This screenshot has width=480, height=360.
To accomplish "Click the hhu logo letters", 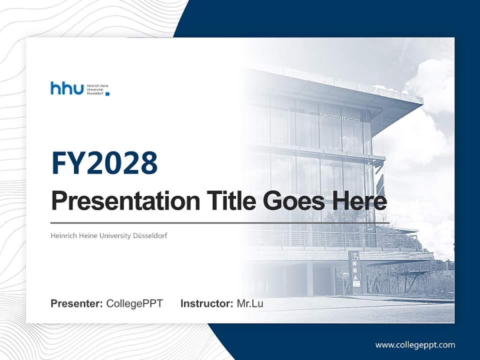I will coord(67,88).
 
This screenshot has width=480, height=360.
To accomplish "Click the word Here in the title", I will coord(359,201).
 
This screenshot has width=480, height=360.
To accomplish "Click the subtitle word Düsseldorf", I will coord(150,235).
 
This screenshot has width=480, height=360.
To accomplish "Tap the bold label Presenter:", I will coord(77,303).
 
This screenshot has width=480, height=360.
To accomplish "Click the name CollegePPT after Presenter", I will coord(134,303).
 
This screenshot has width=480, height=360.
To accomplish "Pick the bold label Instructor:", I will coord(206,303).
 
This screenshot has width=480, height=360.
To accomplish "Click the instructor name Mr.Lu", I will coord(250,303).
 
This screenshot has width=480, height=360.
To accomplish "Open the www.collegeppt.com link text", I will coord(415,344).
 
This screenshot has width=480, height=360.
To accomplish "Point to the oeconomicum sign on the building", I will coord(339,115).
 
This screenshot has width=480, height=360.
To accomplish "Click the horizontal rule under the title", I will coord(220,223).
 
